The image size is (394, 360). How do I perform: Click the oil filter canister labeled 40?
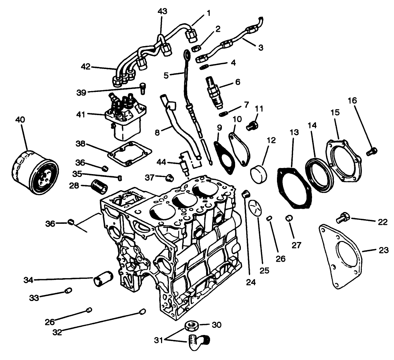(35, 173)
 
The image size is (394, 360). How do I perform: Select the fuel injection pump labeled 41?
(125, 118)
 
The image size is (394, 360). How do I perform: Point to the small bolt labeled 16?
(371, 152)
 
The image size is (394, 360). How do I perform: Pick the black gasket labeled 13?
(295, 189)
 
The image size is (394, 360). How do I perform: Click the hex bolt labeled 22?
(343, 217)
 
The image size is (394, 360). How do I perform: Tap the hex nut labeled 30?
(190, 326)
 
